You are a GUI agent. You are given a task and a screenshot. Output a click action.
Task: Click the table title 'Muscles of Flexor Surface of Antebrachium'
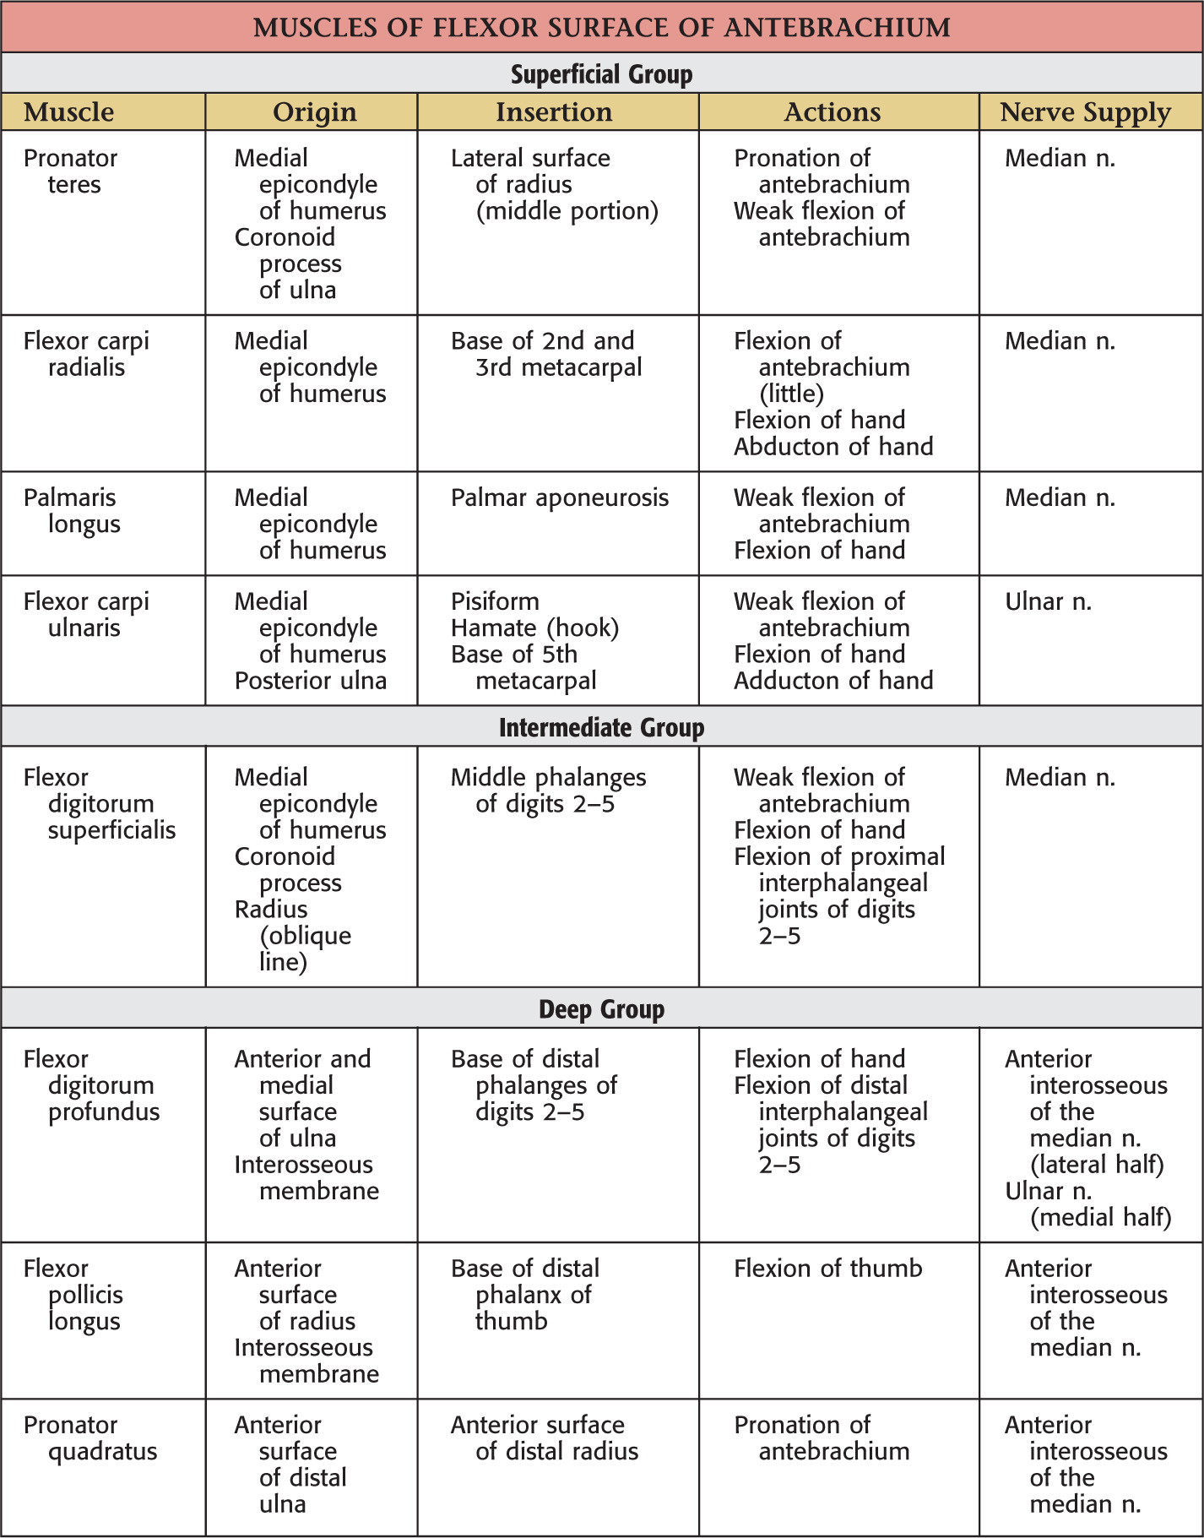(601, 27)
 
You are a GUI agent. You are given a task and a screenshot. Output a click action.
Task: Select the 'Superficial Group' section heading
(601, 74)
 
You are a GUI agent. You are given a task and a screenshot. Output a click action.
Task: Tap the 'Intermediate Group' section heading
(601, 727)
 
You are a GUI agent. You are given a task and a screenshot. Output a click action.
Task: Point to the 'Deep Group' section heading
(601, 1008)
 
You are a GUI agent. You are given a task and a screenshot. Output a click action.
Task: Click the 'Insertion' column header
(554, 112)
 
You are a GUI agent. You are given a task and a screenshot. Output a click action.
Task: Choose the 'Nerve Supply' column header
(1085, 112)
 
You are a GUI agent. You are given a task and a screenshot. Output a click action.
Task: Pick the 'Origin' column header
(314, 112)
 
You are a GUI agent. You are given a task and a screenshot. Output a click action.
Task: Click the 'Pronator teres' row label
(71, 171)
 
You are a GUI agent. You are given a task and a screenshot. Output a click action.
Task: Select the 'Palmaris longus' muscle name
(71, 511)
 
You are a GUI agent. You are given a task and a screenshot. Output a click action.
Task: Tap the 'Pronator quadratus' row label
(89, 1438)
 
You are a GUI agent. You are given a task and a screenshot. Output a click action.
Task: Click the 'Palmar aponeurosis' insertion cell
(559, 498)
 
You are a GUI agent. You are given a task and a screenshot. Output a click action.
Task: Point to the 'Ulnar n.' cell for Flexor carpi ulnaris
(1048, 602)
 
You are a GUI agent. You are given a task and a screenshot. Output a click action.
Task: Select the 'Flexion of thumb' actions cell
(827, 1269)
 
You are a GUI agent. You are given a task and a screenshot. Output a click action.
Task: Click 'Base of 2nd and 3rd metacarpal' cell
(545, 354)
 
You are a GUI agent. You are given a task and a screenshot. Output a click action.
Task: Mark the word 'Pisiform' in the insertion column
(495, 602)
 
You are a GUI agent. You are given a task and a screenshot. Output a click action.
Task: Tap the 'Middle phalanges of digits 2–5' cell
(548, 791)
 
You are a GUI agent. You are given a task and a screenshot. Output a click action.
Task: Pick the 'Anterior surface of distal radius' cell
(544, 1438)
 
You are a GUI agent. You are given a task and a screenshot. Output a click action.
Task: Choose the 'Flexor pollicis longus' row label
(74, 1295)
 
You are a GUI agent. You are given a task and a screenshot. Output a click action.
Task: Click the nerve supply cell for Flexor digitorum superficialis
(1060, 778)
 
